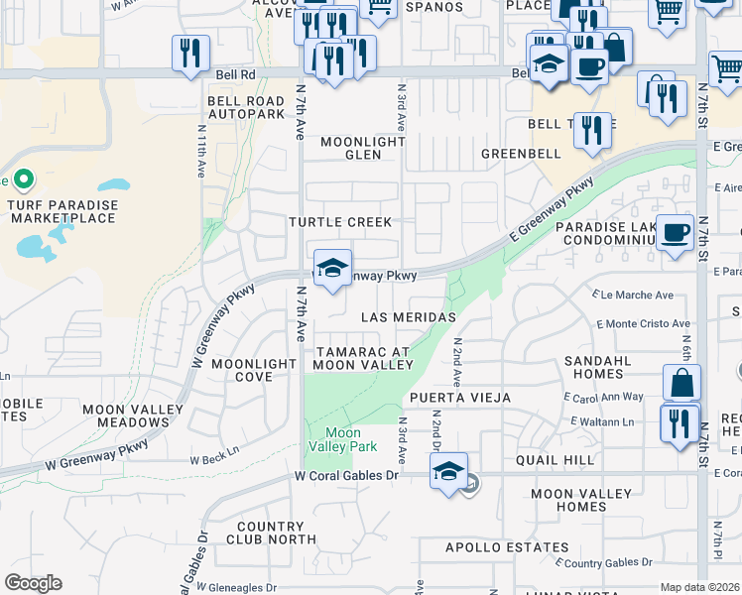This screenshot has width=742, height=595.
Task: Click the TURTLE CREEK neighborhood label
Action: (x=340, y=222)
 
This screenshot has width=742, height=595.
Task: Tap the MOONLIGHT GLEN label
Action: (x=363, y=148)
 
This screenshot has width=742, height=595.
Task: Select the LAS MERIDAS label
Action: (x=408, y=316)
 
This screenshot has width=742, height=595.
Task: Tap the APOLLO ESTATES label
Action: (x=493, y=547)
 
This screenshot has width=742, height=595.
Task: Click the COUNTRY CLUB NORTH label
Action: (x=271, y=534)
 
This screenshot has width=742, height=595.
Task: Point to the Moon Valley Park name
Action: (x=343, y=439)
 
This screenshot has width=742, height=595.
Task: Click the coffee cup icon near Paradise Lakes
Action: (x=675, y=232)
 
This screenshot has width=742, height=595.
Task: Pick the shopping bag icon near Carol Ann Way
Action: (x=681, y=383)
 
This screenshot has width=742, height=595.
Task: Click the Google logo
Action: (x=33, y=583)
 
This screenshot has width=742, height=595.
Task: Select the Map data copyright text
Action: (x=700, y=587)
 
